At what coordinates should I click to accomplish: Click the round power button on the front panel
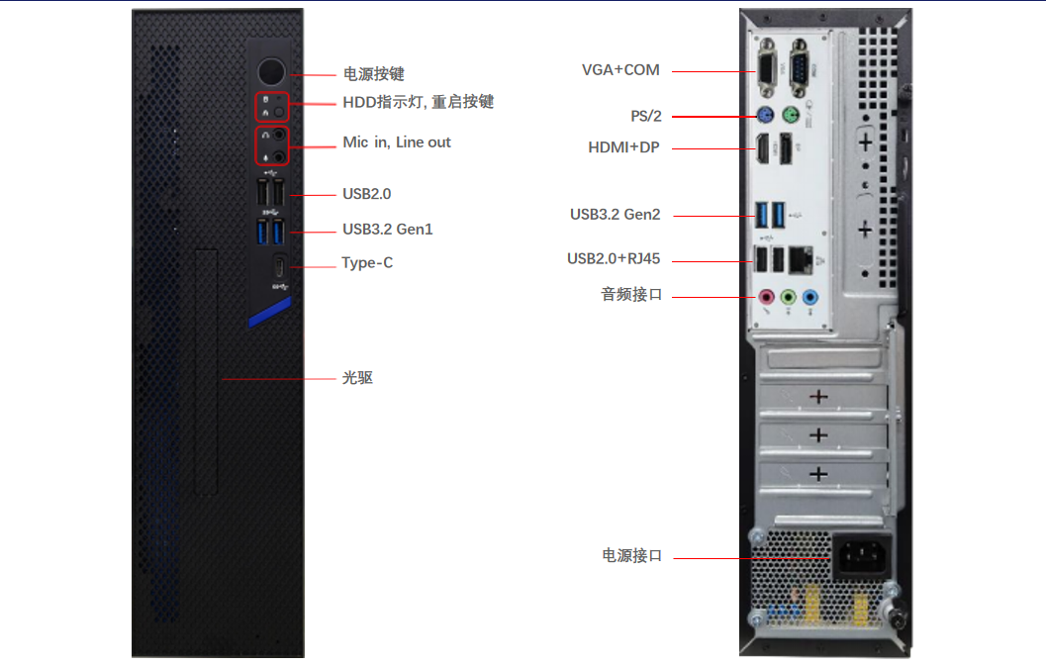click(x=271, y=72)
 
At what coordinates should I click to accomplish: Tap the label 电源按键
click(x=373, y=74)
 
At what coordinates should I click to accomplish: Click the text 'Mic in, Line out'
click(x=397, y=143)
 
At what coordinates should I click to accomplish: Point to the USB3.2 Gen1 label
click(x=388, y=230)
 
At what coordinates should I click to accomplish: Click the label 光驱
click(x=357, y=378)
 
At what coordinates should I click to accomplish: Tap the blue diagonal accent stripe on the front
click(x=269, y=314)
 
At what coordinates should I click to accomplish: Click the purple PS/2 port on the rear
click(x=764, y=115)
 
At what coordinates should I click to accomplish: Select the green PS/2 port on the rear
click(x=789, y=115)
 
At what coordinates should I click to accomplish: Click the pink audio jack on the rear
click(x=765, y=296)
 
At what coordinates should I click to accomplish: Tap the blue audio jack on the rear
click(x=810, y=296)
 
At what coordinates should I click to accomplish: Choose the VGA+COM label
click(x=620, y=70)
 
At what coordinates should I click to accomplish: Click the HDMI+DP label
click(x=623, y=148)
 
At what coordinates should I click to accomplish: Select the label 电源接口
click(x=632, y=556)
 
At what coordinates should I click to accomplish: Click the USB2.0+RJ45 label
click(x=614, y=259)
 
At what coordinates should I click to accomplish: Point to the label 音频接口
click(x=631, y=295)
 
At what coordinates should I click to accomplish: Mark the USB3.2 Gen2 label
click(x=615, y=215)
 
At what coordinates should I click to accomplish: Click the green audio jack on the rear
click(x=788, y=296)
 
